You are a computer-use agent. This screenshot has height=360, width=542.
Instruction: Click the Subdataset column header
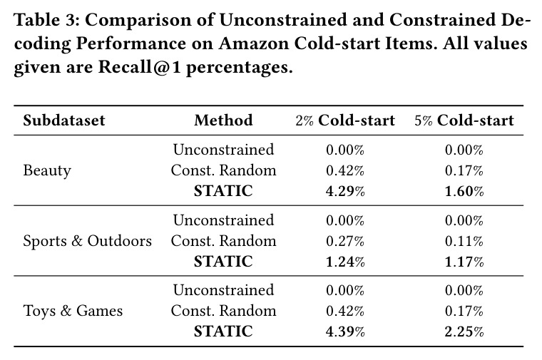[64, 120]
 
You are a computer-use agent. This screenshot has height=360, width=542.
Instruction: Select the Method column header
[223, 120]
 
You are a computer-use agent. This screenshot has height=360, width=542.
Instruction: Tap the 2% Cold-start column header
[345, 120]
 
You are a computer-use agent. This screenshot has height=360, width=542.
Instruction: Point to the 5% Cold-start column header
[464, 120]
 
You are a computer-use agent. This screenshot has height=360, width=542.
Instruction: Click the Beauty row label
[47, 170]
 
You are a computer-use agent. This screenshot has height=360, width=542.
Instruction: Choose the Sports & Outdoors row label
[88, 241]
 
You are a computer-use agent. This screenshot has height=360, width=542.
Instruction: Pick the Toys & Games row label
[73, 311]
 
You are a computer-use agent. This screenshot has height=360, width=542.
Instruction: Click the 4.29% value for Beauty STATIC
[345, 191]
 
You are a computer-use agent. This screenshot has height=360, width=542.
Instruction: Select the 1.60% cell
[464, 191]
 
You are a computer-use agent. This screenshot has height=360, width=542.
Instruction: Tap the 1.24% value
[345, 262]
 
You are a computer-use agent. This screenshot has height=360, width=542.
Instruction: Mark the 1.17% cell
[464, 262]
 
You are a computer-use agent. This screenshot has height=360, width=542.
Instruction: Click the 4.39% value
[345, 331]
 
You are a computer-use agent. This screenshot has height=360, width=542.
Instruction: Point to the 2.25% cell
[464, 331]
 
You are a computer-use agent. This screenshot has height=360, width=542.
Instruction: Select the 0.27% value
[345, 241]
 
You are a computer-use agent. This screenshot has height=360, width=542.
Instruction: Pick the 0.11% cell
[464, 241]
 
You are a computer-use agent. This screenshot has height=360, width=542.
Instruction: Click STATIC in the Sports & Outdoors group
[223, 262]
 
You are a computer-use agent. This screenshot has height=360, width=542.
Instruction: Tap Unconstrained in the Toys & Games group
[223, 289]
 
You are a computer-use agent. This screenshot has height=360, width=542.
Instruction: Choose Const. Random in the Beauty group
[223, 170]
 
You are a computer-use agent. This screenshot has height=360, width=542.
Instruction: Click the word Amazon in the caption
[254, 43]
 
